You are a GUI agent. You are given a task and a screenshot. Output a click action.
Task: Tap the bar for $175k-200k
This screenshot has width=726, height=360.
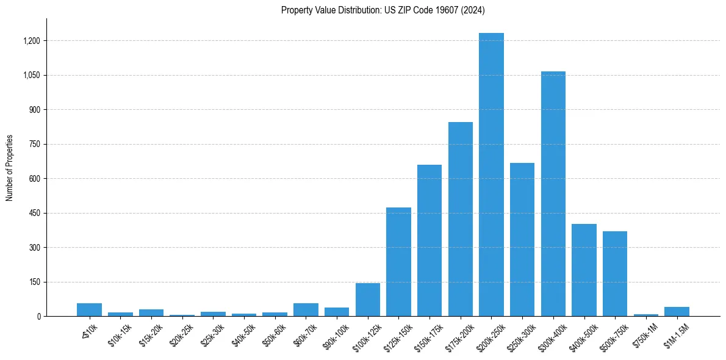click(x=461, y=219)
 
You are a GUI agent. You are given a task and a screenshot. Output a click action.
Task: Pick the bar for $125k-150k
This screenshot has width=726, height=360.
click(x=398, y=262)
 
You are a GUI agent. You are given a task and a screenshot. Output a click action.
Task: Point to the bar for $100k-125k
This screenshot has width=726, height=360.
click(x=368, y=300)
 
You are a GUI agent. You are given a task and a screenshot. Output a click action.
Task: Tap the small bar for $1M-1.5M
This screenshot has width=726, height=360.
click(x=677, y=312)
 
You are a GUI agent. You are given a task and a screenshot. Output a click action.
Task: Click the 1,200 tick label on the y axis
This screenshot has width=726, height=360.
click(x=31, y=41)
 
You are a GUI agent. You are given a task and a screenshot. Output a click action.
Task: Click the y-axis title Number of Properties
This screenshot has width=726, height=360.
click(x=10, y=168)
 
